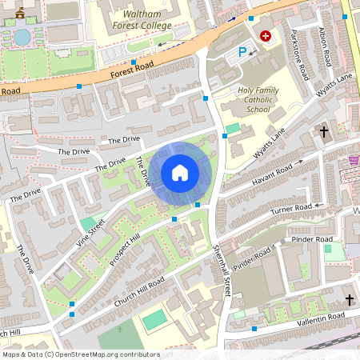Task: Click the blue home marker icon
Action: [180, 173]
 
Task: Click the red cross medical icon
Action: [265, 36]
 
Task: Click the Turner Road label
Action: [290, 209]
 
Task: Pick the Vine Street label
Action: [91, 234]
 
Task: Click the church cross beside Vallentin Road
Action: [349, 299]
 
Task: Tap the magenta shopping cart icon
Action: [354, 161]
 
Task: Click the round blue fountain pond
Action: [22, 37]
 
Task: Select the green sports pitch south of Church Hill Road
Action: [154, 319]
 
